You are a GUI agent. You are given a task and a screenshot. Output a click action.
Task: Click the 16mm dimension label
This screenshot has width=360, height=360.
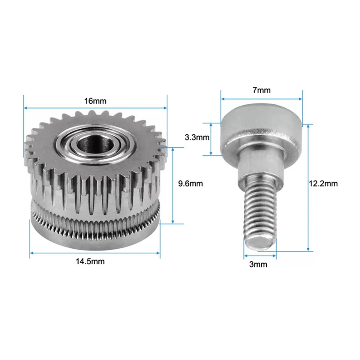[x=95, y=101]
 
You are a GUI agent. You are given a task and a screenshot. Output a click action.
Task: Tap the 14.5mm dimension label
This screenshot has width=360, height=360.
[x=90, y=261]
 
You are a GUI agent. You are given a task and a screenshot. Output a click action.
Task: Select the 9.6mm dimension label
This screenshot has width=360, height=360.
[x=190, y=183]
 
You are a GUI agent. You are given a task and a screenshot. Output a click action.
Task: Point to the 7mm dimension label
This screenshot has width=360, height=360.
[x=261, y=90]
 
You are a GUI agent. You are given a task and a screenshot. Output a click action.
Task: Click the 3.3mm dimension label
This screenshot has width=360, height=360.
[x=197, y=138]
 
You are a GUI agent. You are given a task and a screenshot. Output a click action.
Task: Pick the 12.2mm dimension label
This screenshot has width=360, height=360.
[x=323, y=183]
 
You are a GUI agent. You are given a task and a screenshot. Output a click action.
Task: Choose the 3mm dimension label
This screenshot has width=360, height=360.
[x=258, y=264]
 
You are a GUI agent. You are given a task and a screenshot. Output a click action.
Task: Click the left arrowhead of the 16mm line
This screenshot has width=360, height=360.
[x=25, y=108]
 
